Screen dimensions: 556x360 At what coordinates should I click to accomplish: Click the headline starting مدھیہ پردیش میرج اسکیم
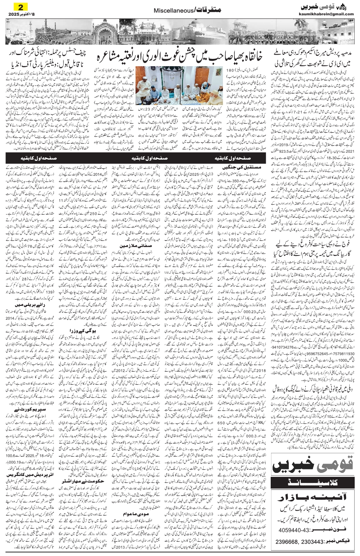tap(313, 56)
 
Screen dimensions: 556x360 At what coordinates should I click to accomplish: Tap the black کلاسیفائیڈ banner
tap(313, 481)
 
